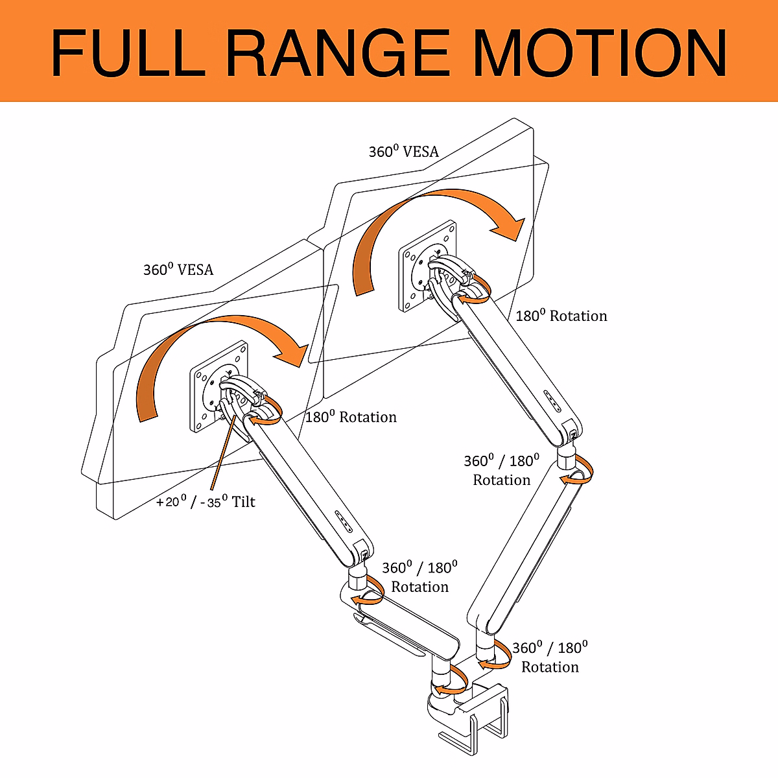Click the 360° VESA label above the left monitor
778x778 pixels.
tap(178, 270)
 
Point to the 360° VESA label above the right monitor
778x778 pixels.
tap(404, 152)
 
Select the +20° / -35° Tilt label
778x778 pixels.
tap(206, 501)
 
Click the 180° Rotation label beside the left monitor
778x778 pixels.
tap(351, 417)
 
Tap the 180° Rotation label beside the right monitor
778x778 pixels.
tap(561, 316)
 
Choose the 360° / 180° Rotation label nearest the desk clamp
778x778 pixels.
tap(550, 657)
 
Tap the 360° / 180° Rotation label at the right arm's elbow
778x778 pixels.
tap(501, 470)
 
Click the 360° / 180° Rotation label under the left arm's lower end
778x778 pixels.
tap(419, 577)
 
